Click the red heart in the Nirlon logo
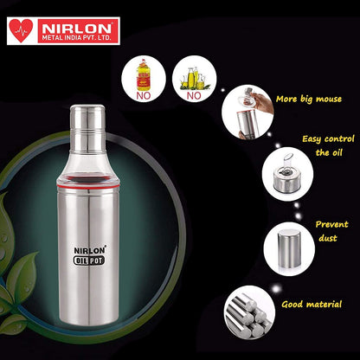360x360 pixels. point(21,30)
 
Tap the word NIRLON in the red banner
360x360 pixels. point(77,28)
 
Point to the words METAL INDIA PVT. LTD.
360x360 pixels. point(76,38)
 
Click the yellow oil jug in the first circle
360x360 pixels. point(144,74)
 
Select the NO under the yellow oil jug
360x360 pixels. point(144,96)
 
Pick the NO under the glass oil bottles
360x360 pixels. point(194,96)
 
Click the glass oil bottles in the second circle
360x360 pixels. point(194,78)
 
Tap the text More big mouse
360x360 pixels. point(309,100)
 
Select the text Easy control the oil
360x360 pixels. point(328,145)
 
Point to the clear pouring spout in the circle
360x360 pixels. point(287,162)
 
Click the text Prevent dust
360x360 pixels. point(331,231)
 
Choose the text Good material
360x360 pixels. point(312,305)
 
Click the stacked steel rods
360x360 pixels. point(246,314)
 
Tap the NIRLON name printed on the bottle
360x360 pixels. point(90,250)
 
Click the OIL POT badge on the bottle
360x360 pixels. point(89,260)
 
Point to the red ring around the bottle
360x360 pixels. point(88,186)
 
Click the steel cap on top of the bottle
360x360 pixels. point(87,129)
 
